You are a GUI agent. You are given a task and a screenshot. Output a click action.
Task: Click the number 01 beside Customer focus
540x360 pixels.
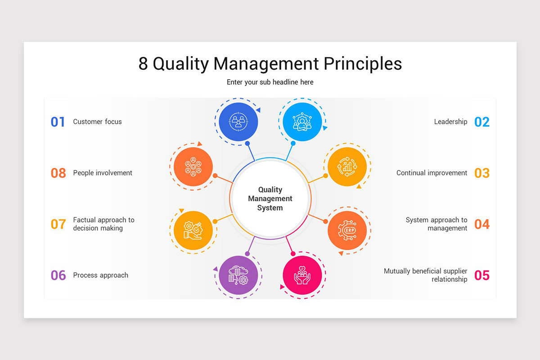58,122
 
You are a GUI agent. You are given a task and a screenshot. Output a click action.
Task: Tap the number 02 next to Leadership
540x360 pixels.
482,122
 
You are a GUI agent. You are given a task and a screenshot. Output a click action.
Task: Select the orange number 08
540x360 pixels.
58,173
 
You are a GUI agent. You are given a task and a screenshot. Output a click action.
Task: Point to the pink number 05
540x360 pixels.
482,275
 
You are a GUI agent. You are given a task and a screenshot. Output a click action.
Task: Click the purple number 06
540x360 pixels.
58,275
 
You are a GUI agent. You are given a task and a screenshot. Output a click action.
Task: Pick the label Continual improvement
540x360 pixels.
432,173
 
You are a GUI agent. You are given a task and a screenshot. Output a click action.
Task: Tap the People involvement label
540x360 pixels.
103,173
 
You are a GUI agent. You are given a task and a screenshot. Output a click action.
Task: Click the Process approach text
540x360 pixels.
100,275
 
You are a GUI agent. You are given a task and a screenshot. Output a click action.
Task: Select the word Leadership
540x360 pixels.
450,121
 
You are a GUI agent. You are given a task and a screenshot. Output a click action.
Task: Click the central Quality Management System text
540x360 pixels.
270,199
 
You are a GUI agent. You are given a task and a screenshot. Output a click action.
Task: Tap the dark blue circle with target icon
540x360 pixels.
238,121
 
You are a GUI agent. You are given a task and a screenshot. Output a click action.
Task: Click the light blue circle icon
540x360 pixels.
302,121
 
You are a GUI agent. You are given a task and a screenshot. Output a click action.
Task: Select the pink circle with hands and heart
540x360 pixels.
302,275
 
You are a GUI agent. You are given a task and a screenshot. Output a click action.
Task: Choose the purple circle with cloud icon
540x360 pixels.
238,275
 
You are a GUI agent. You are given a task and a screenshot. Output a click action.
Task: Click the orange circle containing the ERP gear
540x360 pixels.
347,230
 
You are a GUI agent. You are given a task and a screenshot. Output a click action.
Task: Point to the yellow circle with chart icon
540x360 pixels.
347,166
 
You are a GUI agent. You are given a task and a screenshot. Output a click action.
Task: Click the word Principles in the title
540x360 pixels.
363,64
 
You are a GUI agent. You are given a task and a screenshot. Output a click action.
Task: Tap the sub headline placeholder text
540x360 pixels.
270,82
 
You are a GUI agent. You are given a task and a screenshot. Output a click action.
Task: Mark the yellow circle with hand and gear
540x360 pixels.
193,230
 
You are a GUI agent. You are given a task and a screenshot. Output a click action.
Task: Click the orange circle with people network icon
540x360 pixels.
193,166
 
